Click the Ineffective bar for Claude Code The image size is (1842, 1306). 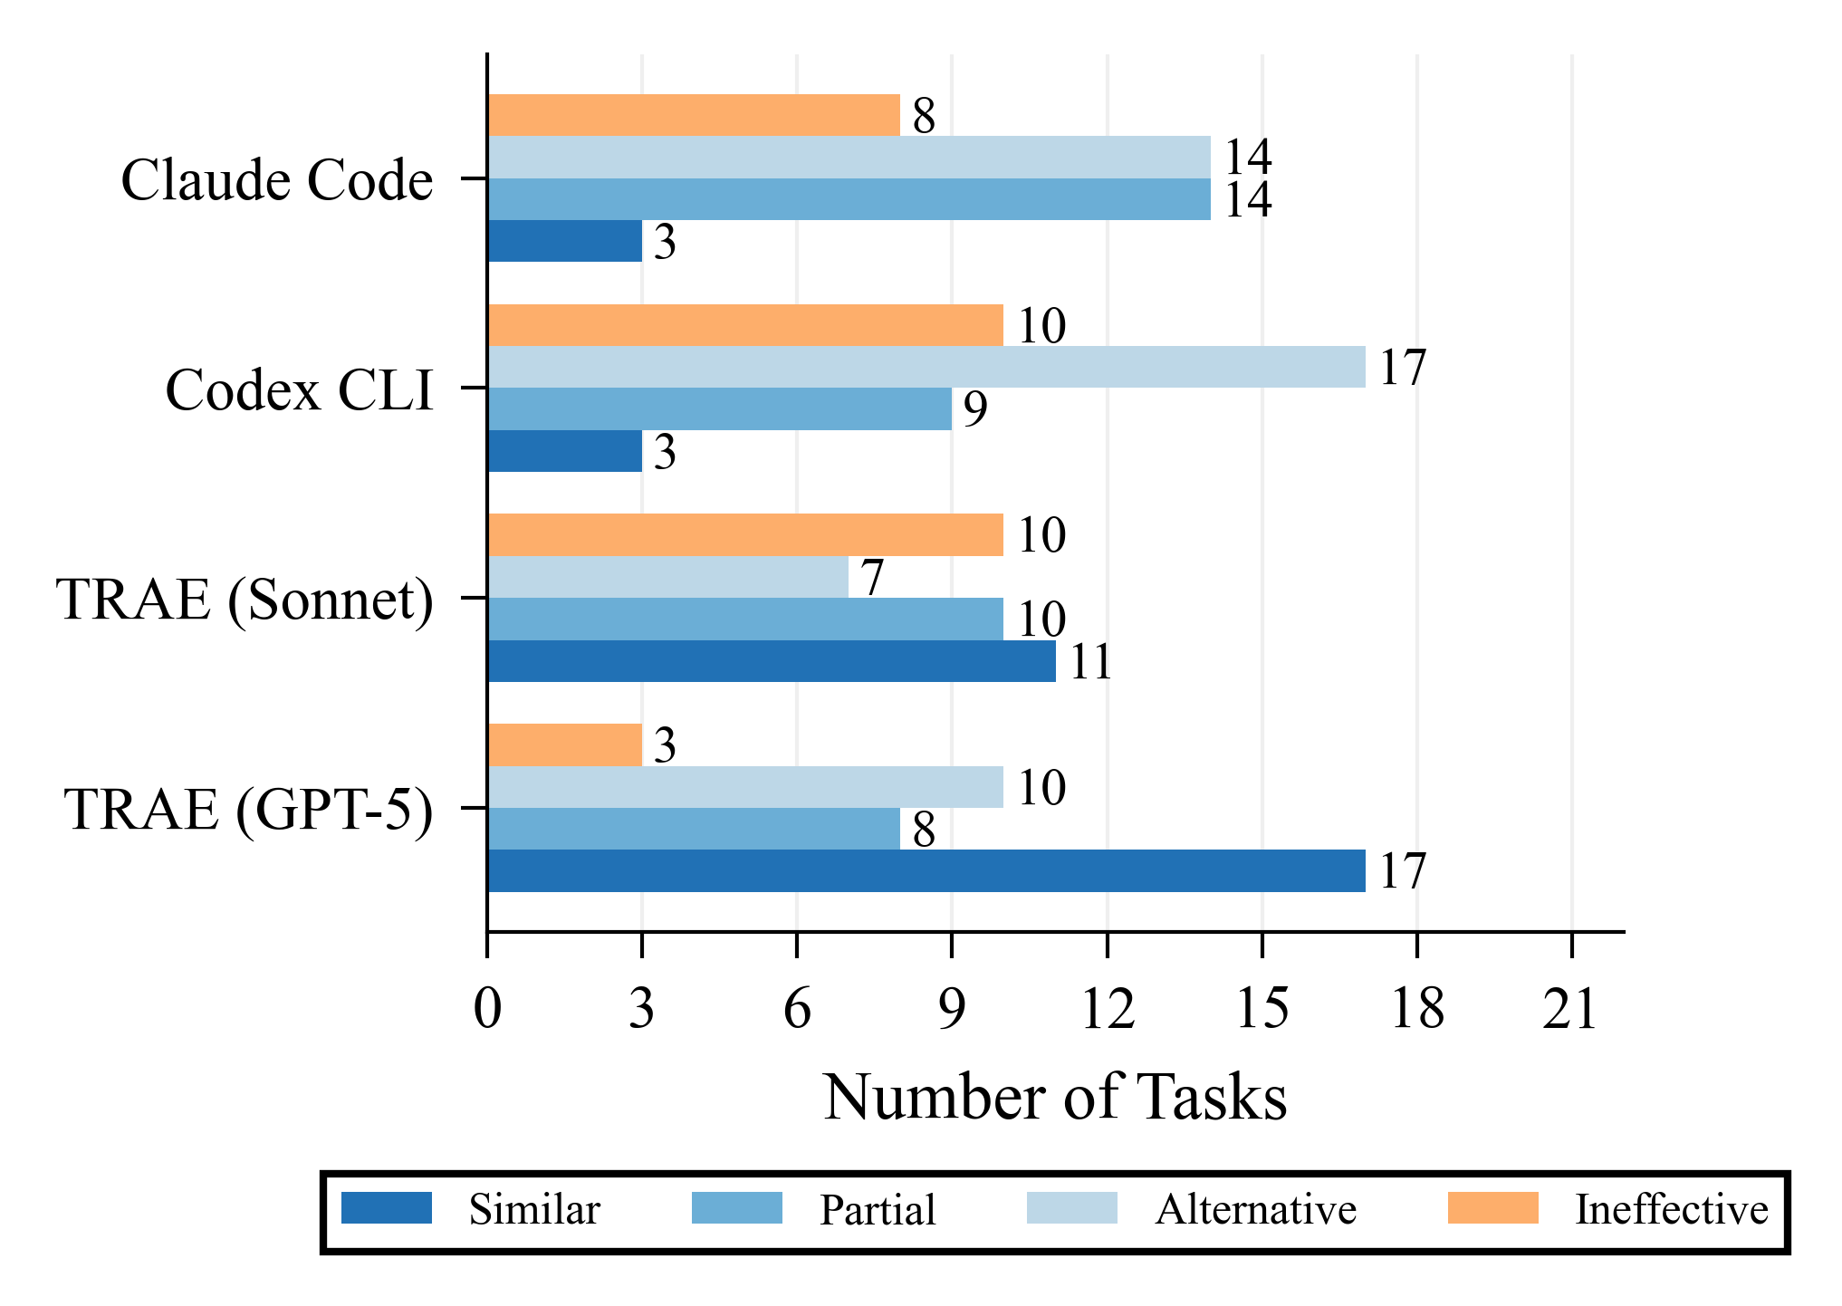click(694, 115)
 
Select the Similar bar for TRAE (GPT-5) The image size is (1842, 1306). click(926, 870)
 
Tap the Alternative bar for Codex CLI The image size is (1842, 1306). click(926, 367)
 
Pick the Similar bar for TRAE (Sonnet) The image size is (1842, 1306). click(772, 661)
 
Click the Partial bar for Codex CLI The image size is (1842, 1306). click(720, 408)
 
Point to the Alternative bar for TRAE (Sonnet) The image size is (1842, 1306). click(668, 577)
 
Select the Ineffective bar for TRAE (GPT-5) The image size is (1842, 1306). click(565, 744)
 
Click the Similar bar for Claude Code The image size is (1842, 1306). click(565, 241)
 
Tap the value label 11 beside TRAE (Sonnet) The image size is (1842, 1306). click(1090, 662)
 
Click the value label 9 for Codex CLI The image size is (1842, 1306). click(974, 409)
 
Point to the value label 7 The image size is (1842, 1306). click(871, 578)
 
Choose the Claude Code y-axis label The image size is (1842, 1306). click(277, 180)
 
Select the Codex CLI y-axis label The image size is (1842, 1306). click(300, 390)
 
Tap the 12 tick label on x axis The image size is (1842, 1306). click(1107, 1009)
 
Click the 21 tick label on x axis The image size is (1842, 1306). click(1571, 1009)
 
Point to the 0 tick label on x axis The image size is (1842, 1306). click(487, 1009)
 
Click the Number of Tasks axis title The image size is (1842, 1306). click(1055, 1098)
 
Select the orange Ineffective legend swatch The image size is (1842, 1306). click(1492, 1208)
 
